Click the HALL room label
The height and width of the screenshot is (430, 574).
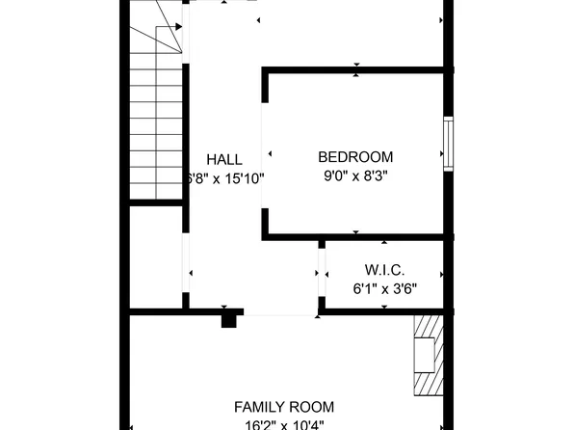[223, 159]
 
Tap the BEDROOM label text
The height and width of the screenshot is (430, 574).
[355, 157]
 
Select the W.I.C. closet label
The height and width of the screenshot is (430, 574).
[383, 269]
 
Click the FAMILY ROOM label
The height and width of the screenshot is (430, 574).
[284, 408]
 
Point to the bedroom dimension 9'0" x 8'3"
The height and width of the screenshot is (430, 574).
[355, 176]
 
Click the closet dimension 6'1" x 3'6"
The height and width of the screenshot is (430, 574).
[383, 287]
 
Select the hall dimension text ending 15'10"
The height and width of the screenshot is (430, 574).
[223, 178]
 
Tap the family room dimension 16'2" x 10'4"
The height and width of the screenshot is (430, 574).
[284, 425]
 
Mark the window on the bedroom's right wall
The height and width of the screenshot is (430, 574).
[447, 145]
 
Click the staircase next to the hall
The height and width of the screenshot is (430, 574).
[155, 125]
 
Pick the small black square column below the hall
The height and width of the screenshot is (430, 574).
[228, 319]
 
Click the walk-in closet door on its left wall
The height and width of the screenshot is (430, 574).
[322, 275]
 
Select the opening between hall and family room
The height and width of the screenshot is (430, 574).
[280, 312]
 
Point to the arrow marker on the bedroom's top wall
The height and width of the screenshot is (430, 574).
[356, 68]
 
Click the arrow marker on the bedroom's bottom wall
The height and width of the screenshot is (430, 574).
[356, 233]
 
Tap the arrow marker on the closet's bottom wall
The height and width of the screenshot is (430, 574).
[384, 309]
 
